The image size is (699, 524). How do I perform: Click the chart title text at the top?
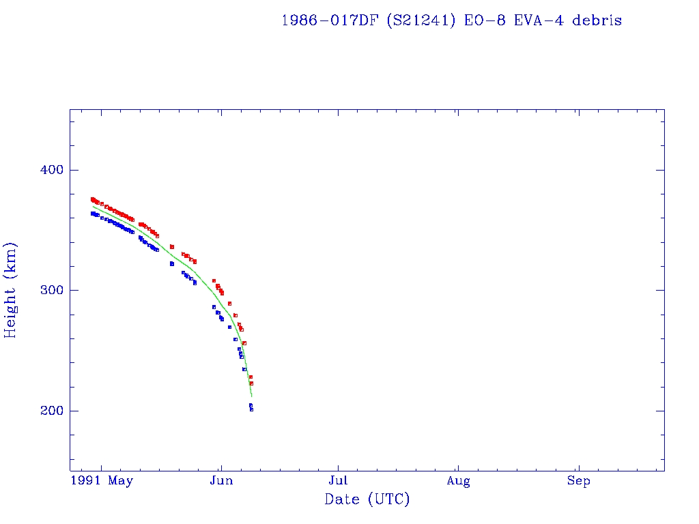click(451, 20)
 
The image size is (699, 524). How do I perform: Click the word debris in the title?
click(597, 20)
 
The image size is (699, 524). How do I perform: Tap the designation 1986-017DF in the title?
click(330, 20)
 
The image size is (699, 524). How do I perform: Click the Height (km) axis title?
click(11, 290)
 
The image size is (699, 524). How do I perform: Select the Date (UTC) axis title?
click(367, 499)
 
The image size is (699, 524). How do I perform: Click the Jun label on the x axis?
click(220, 482)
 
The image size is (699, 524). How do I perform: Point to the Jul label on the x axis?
click(339, 482)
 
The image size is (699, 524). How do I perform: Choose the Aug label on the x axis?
click(459, 482)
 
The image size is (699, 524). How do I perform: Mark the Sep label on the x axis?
click(579, 482)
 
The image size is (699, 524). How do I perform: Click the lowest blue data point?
click(251, 409)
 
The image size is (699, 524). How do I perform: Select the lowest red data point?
click(251, 383)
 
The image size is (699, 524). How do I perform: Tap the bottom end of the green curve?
click(252, 396)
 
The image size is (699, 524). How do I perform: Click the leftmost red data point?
click(92, 199)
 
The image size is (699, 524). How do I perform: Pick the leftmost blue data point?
click(92, 214)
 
